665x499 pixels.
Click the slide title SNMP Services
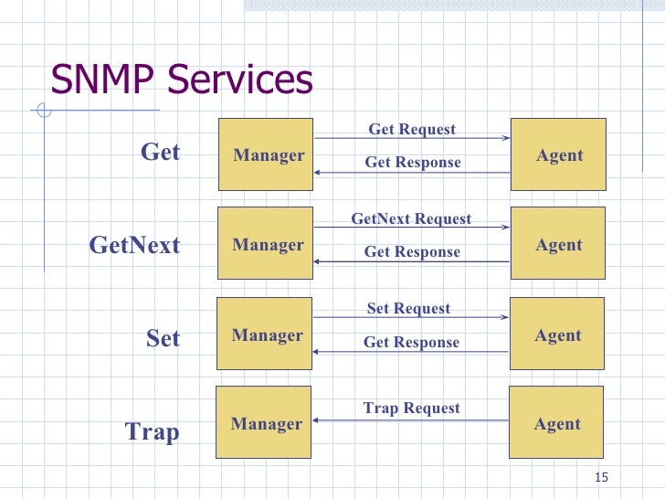(x=182, y=80)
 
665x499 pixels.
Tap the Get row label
(x=160, y=152)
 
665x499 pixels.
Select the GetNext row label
(x=134, y=245)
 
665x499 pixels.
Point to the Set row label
(x=163, y=338)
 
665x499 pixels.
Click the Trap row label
(x=152, y=431)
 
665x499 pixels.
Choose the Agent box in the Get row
(x=558, y=154)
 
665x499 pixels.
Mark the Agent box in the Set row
(x=557, y=334)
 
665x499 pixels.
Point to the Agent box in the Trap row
(x=556, y=423)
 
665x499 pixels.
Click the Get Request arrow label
(x=411, y=129)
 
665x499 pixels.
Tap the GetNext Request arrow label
(x=411, y=218)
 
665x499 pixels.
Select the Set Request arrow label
(x=408, y=308)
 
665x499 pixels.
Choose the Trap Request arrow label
(x=411, y=408)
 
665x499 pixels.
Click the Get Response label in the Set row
(x=411, y=342)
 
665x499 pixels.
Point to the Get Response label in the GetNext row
(x=412, y=251)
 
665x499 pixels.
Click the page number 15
(x=600, y=478)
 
